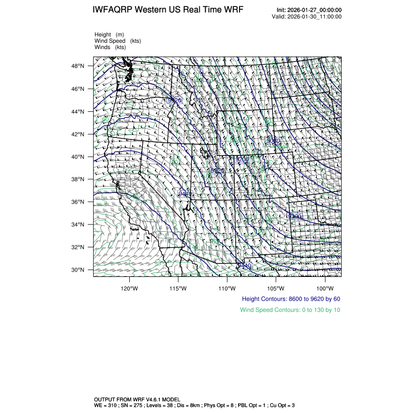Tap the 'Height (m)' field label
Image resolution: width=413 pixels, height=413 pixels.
point(109,34)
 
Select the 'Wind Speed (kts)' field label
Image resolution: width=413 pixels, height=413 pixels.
point(118,41)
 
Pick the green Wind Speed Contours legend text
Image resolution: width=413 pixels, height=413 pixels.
point(290,310)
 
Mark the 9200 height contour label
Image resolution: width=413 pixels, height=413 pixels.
point(241,159)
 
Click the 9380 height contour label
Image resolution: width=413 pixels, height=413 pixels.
point(295,216)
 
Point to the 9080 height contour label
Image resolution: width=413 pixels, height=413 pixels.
point(274,140)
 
